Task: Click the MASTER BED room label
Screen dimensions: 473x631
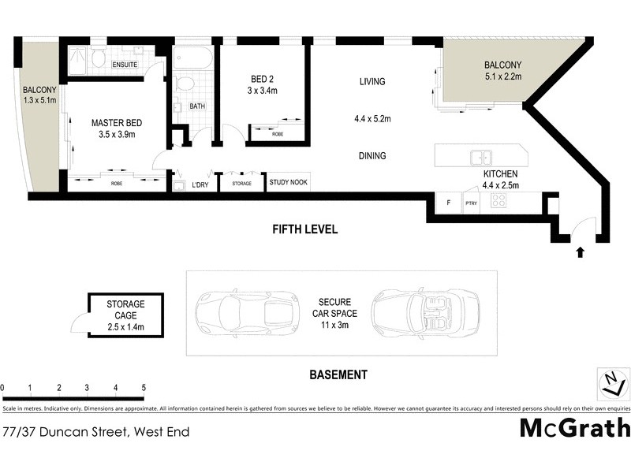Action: (x=117, y=122)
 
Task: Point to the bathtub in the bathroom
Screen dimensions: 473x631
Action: (x=192, y=59)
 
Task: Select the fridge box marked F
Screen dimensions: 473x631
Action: (x=448, y=203)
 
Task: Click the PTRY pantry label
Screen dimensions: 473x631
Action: (x=472, y=203)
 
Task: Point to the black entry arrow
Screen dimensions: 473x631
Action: (x=581, y=252)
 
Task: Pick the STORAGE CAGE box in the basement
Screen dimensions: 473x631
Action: (x=125, y=315)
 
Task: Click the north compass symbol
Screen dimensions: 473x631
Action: (x=612, y=384)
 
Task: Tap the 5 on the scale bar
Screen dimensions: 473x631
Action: (x=144, y=388)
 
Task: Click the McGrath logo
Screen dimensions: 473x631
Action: (x=575, y=428)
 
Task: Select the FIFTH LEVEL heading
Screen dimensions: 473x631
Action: (x=304, y=229)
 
